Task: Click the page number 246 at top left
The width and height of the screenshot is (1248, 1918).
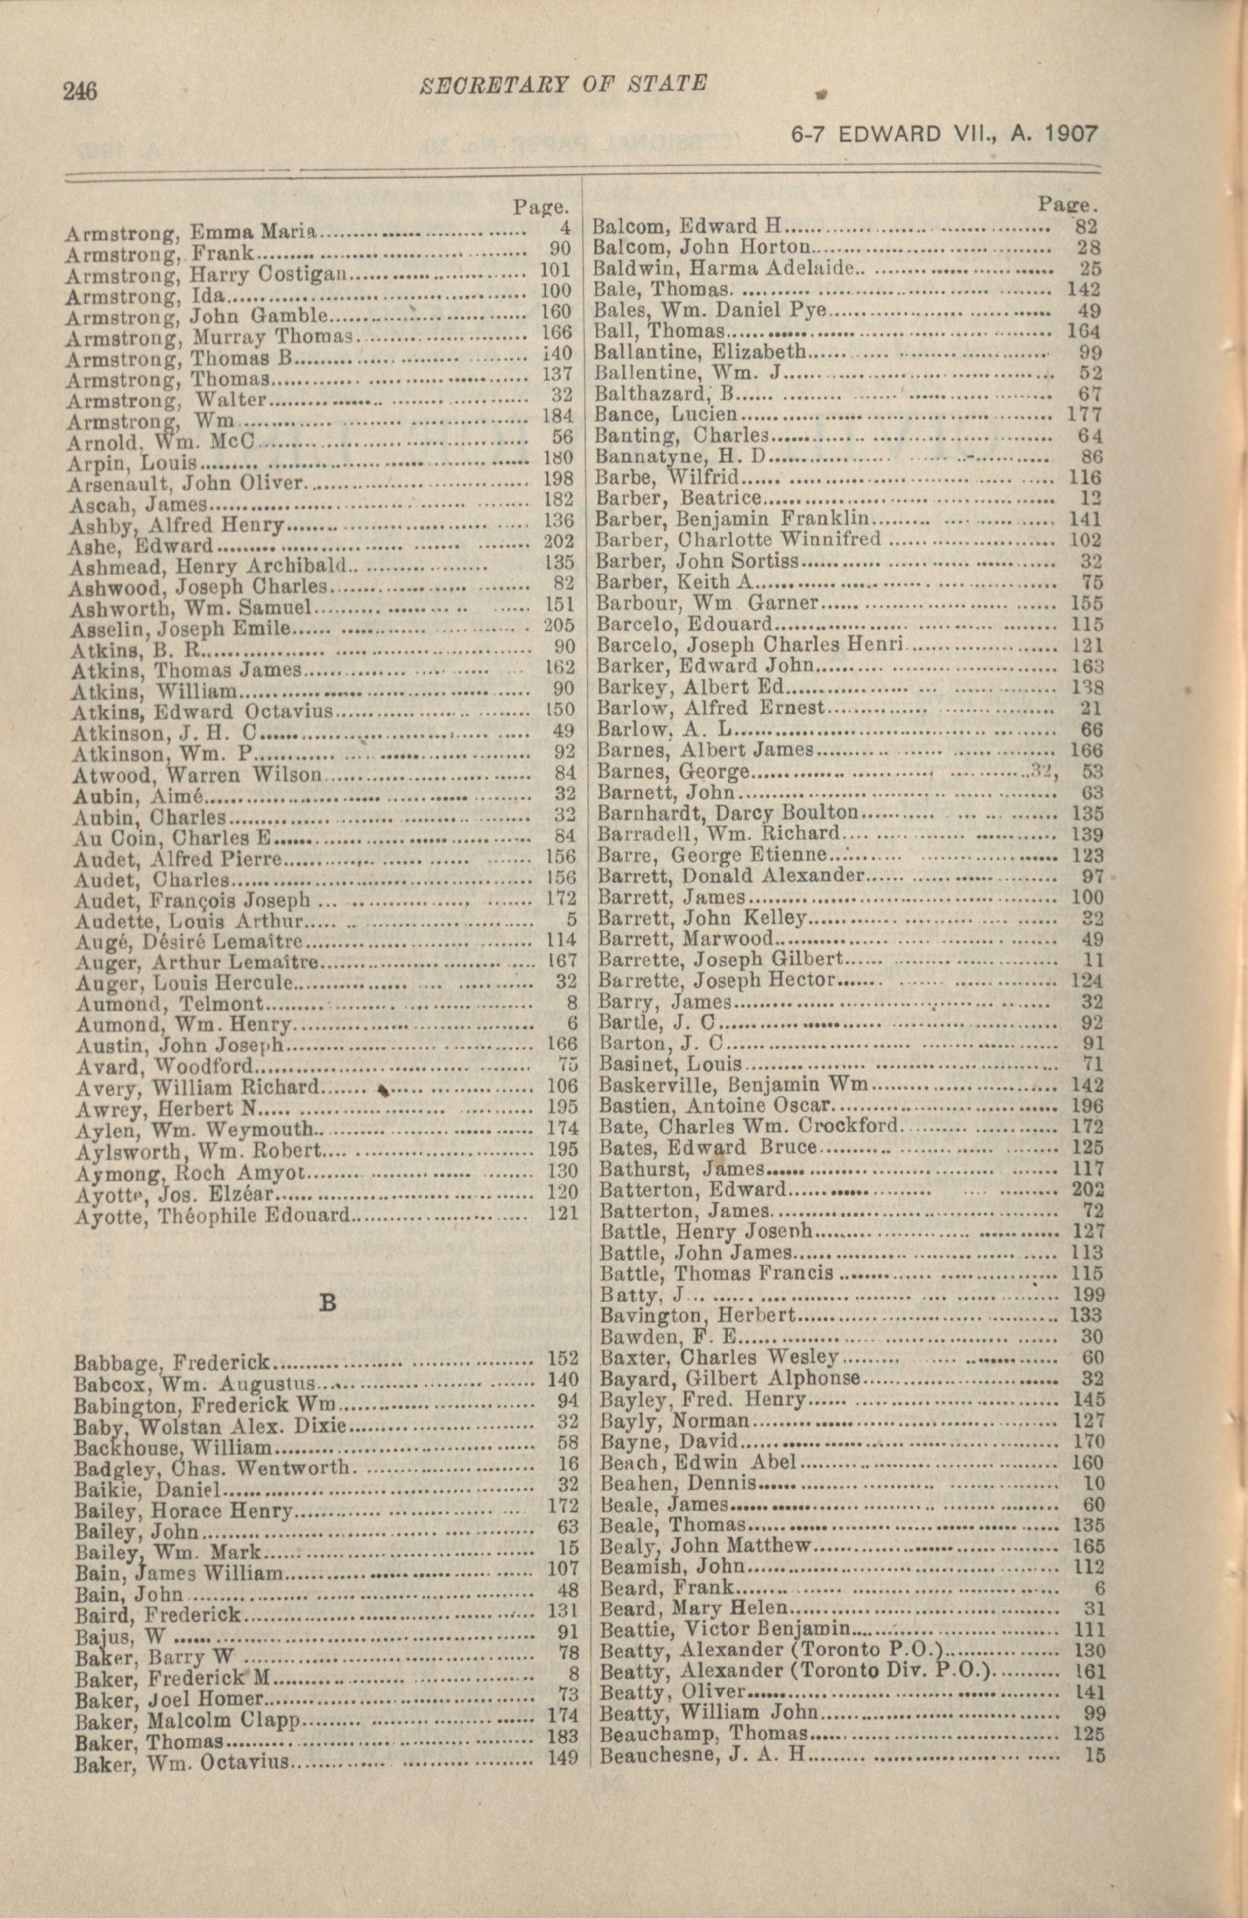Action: coord(81,91)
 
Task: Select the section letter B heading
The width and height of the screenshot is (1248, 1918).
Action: coord(328,1303)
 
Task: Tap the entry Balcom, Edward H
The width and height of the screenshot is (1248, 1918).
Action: coord(688,226)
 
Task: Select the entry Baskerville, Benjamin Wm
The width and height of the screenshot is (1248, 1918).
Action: coord(734,1084)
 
